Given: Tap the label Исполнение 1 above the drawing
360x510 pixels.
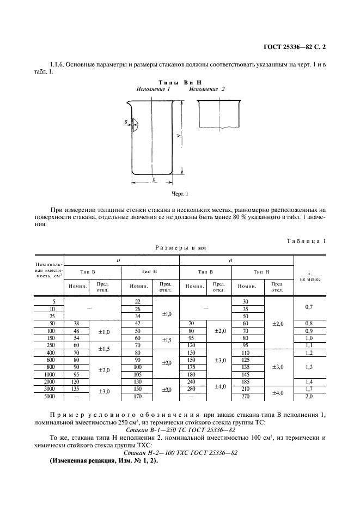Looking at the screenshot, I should [x=154, y=89].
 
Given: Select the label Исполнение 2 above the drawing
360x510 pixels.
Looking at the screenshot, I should [x=207, y=89].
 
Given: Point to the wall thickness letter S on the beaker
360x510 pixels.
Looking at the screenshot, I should [x=126, y=123].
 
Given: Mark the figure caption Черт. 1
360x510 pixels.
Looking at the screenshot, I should [x=180, y=193].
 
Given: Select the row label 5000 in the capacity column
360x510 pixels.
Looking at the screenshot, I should [x=50, y=405].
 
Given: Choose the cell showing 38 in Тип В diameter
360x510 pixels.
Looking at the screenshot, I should [x=76, y=323].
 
